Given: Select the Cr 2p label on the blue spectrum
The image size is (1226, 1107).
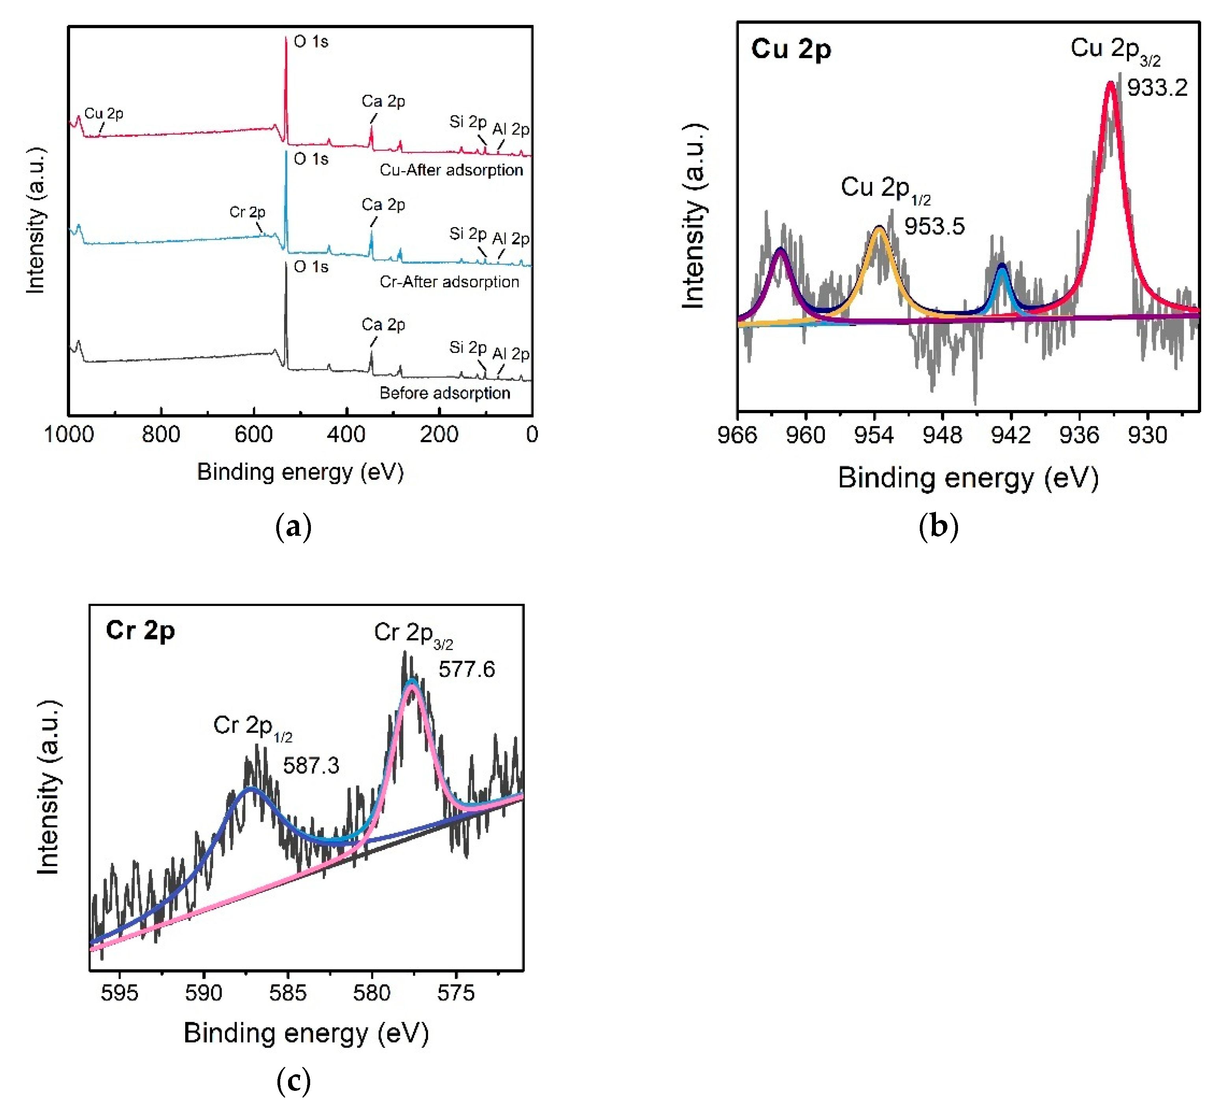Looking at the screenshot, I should click(247, 212).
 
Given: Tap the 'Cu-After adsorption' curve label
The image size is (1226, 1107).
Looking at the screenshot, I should click(451, 170).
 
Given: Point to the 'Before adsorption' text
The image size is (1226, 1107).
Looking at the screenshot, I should click(445, 393).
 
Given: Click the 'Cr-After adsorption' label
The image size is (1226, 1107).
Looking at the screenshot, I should click(449, 282).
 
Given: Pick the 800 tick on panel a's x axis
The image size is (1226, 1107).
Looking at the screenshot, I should click(161, 435).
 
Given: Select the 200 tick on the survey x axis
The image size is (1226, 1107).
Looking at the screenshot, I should click(439, 435).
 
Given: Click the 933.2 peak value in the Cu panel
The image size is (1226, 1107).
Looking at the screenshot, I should click(1157, 88).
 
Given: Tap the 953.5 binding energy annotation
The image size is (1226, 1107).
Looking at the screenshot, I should click(934, 227).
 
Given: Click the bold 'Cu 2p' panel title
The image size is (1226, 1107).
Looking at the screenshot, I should click(791, 49).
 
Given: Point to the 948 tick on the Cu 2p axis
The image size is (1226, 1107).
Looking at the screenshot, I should click(942, 436).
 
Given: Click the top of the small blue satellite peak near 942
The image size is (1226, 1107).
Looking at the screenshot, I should click(1002, 266).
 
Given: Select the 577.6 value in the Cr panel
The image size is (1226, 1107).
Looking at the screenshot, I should click(467, 670).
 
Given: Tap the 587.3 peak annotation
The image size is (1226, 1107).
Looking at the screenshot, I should click(311, 765).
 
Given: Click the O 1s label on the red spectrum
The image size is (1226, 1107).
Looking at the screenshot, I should click(311, 42).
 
